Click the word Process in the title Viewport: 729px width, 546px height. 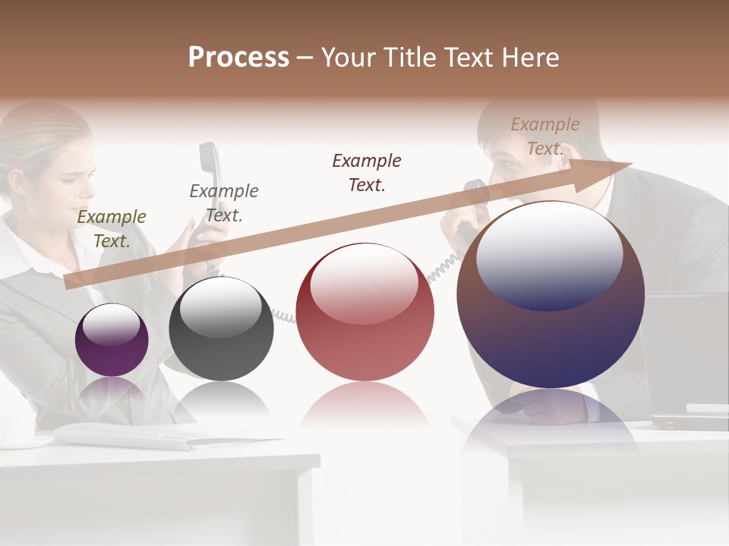(x=238, y=58)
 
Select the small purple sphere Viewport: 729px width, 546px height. (x=112, y=340)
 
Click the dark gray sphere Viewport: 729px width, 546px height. (x=221, y=329)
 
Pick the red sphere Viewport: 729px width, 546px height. (x=365, y=312)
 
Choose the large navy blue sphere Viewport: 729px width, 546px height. (x=551, y=295)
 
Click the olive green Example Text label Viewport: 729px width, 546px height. (x=112, y=228)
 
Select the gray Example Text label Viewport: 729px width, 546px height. (x=224, y=202)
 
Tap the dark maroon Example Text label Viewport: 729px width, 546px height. (x=367, y=172)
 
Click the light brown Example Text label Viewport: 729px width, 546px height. (x=545, y=136)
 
